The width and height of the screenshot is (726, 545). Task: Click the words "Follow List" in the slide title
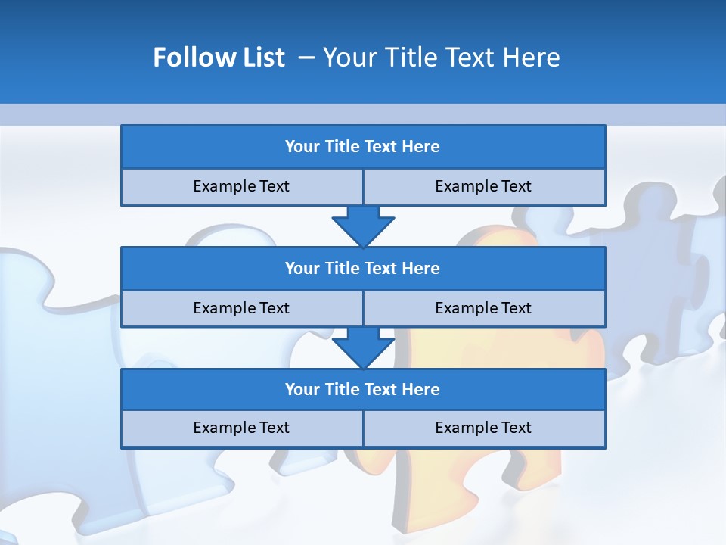pyautogui.click(x=219, y=58)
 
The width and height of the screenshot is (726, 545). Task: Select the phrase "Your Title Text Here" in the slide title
pyautogui.click(x=441, y=58)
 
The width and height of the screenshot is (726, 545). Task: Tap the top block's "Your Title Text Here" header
pyautogui.click(x=362, y=147)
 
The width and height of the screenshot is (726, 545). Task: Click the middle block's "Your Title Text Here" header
pyautogui.click(x=362, y=268)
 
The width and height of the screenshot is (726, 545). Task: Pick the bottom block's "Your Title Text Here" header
pyautogui.click(x=362, y=389)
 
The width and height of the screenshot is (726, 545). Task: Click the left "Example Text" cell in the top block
pyautogui.click(x=241, y=186)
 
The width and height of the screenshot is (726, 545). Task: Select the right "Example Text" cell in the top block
pyautogui.click(x=483, y=186)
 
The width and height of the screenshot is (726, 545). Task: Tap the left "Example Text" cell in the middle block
pyautogui.click(x=241, y=308)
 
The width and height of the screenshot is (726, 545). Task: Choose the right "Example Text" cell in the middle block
pyautogui.click(x=483, y=308)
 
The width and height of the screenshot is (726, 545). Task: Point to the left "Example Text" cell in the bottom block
pyautogui.click(x=241, y=428)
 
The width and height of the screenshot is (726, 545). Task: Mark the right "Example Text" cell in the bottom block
pyautogui.click(x=483, y=428)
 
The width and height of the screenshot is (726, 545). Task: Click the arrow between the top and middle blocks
pyautogui.click(x=363, y=226)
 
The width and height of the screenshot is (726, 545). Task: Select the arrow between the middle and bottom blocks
pyautogui.click(x=363, y=347)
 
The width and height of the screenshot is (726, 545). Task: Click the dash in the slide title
pyautogui.click(x=306, y=58)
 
